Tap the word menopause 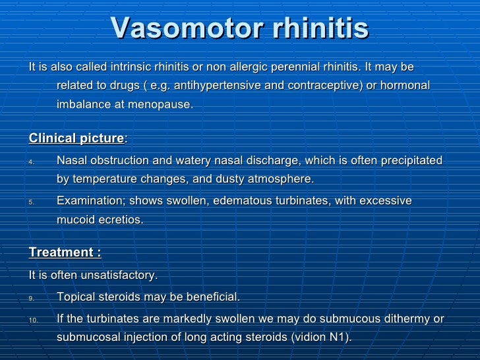click(x=162, y=105)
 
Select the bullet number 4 click(x=32, y=162)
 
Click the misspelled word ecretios click(x=118, y=219)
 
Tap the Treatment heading click(x=64, y=253)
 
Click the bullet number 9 click(x=32, y=298)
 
